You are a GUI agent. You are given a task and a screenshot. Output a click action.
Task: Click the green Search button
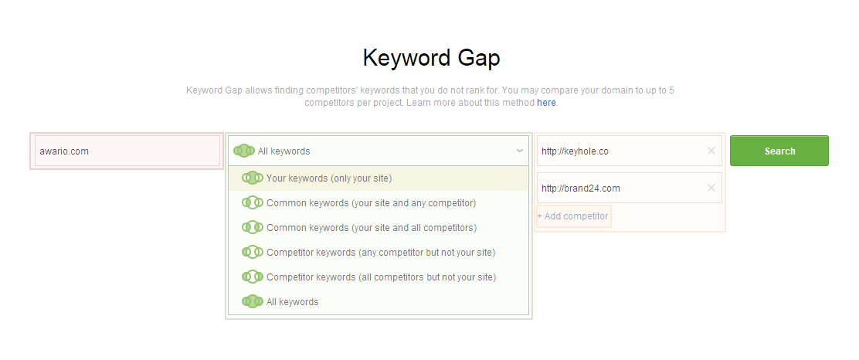tap(779, 151)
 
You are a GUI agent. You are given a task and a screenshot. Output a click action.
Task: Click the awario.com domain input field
tap(127, 151)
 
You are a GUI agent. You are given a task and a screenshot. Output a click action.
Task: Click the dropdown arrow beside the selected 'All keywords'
tap(519, 151)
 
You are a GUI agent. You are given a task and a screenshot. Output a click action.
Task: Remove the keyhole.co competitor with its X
tap(711, 151)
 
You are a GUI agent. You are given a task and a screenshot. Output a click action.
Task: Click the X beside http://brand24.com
tap(711, 188)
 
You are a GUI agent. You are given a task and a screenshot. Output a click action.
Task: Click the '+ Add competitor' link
tap(572, 216)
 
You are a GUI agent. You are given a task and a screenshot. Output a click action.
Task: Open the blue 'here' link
tap(546, 103)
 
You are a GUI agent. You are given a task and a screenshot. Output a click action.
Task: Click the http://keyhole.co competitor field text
tap(575, 151)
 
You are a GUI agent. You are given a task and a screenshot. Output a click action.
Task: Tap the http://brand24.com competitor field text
tap(581, 188)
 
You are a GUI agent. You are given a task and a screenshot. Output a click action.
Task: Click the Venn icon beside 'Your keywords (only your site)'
tap(253, 178)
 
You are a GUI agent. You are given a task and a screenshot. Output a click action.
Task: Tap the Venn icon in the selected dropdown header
tap(244, 151)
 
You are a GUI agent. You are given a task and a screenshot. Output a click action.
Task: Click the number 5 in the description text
tap(671, 90)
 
